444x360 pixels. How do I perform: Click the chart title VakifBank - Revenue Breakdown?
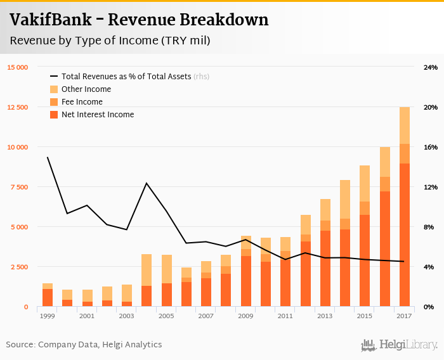click(139, 20)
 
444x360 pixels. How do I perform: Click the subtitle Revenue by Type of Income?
click(110, 41)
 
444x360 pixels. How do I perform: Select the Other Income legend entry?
click(86, 89)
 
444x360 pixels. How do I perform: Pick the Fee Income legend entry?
click(82, 102)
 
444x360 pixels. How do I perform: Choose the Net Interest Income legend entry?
click(98, 115)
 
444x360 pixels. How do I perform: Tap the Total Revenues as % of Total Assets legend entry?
click(126, 77)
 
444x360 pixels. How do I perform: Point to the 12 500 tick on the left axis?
click(17, 107)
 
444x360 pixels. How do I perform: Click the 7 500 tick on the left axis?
click(19, 187)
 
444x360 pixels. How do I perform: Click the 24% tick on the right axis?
click(431, 67)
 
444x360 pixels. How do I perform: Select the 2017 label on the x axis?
click(405, 315)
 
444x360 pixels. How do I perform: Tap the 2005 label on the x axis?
click(166, 315)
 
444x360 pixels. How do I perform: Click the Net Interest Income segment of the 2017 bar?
click(405, 235)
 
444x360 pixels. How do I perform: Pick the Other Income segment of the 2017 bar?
click(405, 125)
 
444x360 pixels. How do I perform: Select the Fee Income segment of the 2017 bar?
click(405, 153)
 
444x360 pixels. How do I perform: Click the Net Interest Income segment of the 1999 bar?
click(48, 298)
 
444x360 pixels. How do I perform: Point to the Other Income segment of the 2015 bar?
click(365, 184)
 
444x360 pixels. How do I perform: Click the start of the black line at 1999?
click(48, 157)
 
